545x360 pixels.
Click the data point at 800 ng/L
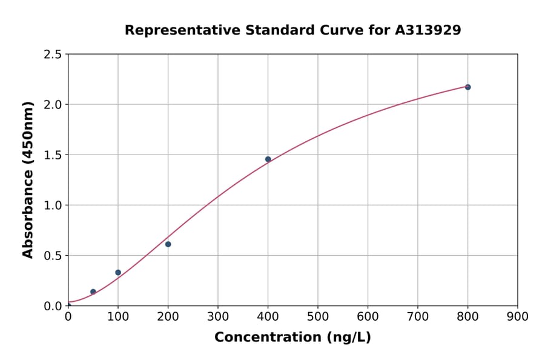coord(467,87)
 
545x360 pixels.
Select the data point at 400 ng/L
coord(268,159)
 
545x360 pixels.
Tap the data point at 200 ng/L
coord(168,244)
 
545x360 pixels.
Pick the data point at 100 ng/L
coord(118,273)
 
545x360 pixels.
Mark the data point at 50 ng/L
coord(93,292)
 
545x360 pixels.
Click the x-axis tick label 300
coord(218,316)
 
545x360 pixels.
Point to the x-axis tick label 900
coord(518,316)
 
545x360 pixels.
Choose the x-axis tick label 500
coord(318,316)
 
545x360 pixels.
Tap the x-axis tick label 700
coord(418,316)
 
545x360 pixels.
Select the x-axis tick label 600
coord(368,316)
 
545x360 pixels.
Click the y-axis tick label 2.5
coord(53,55)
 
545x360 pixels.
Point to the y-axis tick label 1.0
coord(53,205)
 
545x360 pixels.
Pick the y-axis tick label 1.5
coord(53,155)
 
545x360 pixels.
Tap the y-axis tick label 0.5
coord(53,256)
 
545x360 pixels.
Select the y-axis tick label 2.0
coord(53,105)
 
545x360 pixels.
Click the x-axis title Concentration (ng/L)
coord(292,338)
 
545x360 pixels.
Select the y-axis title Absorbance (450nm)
coord(28,180)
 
